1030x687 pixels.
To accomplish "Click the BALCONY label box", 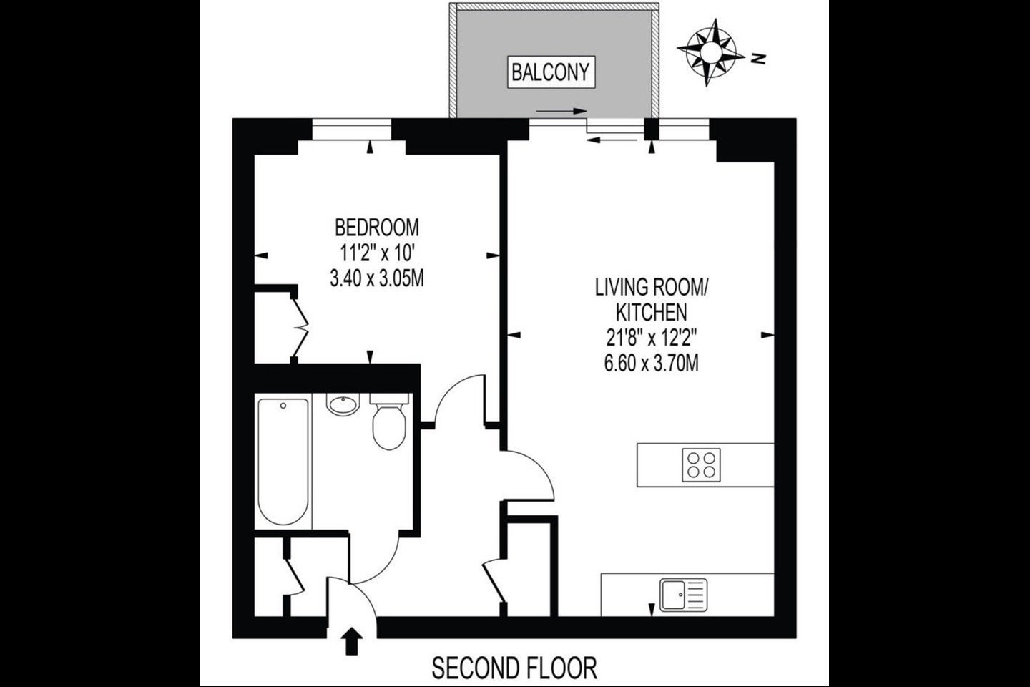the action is [551, 72].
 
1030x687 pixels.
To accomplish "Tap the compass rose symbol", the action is [711, 52].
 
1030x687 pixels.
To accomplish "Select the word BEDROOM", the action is [377, 228].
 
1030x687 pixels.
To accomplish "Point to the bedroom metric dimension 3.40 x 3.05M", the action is [377, 278].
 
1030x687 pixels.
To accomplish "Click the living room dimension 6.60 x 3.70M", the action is [651, 364].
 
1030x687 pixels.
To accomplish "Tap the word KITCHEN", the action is [651, 313].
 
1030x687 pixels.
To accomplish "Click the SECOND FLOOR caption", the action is [514, 668].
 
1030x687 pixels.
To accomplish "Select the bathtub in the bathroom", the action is [283, 461].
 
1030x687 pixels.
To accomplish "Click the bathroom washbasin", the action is [343, 404].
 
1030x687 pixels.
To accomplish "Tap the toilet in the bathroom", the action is [389, 421].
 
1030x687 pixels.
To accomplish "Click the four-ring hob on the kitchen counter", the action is [701, 464].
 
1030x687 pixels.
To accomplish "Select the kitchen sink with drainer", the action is [683, 595].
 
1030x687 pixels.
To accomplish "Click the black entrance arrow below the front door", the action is [351, 641].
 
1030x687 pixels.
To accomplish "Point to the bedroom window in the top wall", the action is [352, 130].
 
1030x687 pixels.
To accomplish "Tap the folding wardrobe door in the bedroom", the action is [300, 328].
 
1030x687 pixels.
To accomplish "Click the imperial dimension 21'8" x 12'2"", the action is [651, 338].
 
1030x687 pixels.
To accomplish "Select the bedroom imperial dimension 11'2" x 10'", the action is [377, 253].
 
